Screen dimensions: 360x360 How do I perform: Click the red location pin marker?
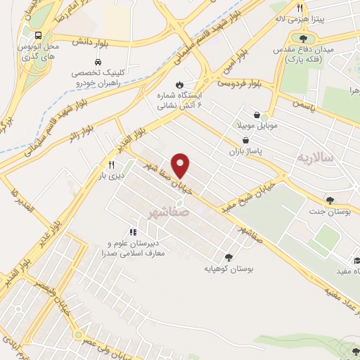(181, 165)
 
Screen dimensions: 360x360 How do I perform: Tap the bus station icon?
(37, 35)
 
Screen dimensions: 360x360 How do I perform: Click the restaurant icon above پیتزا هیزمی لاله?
(300, 8)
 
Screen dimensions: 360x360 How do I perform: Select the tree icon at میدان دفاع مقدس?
(304, 39)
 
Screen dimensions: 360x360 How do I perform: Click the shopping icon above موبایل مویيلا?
(257, 115)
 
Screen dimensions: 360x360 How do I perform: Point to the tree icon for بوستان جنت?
(330, 200)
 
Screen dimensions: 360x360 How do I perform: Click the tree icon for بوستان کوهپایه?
(228, 257)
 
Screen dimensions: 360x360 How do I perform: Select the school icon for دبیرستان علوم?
(132, 232)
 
